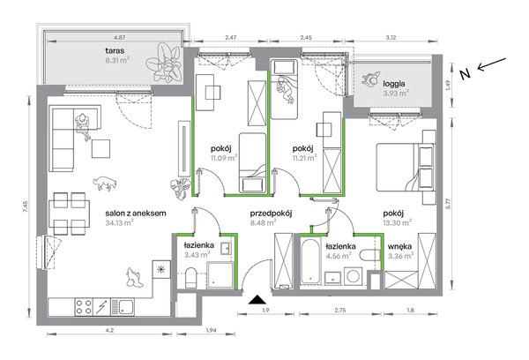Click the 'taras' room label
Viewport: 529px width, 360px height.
pyautogui.click(x=115, y=51)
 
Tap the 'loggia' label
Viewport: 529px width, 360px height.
pyautogui.click(x=394, y=84)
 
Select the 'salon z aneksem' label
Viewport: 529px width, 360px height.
pyautogui.click(x=136, y=214)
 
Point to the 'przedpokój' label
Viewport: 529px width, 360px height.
pyautogui.click(x=271, y=214)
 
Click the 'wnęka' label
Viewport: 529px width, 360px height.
pyautogui.click(x=399, y=246)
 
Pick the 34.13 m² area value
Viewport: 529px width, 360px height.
pyautogui.click(x=119, y=222)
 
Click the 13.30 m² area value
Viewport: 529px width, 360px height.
pyautogui.click(x=397, y=222)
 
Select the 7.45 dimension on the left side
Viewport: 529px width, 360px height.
pyautogui.click(x=26, y=206)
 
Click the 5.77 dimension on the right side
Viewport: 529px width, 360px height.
pyautogui.click(x=448, y=203)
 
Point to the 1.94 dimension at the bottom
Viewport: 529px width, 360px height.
pyautogui.click(x=211, y=330)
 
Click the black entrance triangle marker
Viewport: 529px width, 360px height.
pyautogui.click(x=257, y=300)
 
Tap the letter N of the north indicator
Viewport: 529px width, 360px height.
pyautogui.click(x=466, y=74)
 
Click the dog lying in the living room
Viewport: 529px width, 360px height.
pyautogui.click(x=105, y=183)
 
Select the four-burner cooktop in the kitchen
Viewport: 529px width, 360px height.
pyautogui.click(x=84, y=307)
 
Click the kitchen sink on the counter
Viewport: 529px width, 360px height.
pyautogui.click(x=123, y=307)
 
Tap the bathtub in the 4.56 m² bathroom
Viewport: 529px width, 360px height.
pyautogui.click(x=310, y=262)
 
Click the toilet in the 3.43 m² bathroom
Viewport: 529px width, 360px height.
pyautogui.click(x=190, y=278)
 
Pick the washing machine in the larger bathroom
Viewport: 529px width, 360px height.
pyautogui.click(x=354, y=276)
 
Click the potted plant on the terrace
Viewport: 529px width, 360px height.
pyautogui.click(x=164, y=62)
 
